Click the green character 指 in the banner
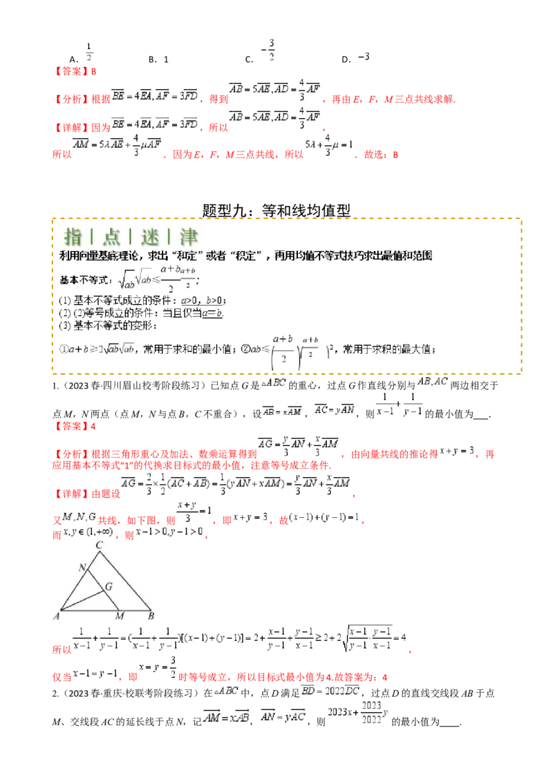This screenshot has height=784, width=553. pos(73,237)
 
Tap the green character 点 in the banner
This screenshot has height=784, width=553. pos(111,237)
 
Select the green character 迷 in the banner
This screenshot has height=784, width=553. pos(150,237)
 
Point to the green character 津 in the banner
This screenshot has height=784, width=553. pos(189,237)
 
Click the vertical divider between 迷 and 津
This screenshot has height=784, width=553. pos(169,237)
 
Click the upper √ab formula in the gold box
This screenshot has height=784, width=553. pos(144,277)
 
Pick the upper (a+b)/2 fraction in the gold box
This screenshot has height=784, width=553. pos(188,277)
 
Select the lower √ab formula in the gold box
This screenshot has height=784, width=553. pos(127,347)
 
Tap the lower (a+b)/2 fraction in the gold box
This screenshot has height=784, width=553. pos(315,346)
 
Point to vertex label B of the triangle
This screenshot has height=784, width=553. pos(151,616)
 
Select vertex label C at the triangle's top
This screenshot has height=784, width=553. pos(100,545)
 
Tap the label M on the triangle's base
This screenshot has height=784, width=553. pos(119,616)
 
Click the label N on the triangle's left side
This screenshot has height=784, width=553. pos(82,568)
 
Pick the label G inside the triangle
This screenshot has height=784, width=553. pos(108,587)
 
